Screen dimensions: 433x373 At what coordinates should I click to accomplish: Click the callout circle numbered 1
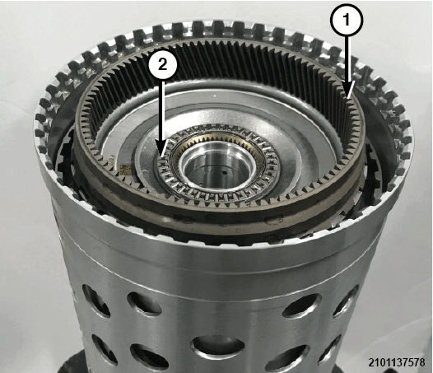[346, 21]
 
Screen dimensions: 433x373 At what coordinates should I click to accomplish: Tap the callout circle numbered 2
[162, 65]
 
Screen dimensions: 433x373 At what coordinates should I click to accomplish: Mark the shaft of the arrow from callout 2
[162, 110]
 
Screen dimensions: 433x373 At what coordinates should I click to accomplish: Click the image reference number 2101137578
[396, 362]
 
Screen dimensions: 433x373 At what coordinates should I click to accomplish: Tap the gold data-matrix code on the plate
[124, 169]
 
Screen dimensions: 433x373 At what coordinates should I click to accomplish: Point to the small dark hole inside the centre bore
[225, 173]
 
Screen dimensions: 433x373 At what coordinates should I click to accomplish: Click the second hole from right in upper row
[301, 304]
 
